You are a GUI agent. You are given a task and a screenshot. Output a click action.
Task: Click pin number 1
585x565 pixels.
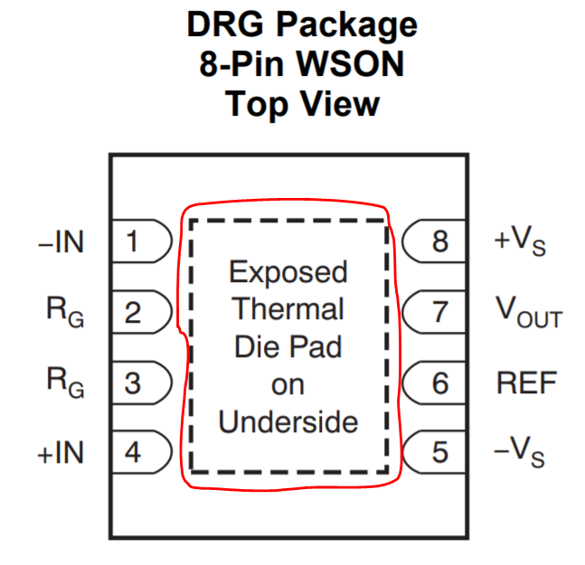[133, 242]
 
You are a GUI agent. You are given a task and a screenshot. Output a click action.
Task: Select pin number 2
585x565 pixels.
[133, 313]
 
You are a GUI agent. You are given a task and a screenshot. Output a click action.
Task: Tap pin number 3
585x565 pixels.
[133, 383]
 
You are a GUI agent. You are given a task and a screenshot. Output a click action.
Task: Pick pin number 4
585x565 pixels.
[133, 452]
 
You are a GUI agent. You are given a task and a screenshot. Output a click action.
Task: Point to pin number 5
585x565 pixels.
[439, 452]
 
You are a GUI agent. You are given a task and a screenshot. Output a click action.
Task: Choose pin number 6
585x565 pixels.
[439, 383]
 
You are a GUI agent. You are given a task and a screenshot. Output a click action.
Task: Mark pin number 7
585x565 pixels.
[439, 313]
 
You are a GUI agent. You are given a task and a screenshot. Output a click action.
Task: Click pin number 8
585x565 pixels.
[439, 242]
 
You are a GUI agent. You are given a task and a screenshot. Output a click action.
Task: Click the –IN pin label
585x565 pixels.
[61, 242]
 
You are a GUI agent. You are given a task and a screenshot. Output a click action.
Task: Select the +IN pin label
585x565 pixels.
[61, 452]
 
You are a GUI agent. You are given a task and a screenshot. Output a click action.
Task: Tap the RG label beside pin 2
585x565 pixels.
[65, 313]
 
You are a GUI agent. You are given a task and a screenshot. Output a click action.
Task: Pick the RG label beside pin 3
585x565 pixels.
[65, 383]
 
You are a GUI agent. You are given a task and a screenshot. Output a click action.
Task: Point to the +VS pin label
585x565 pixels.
[520, 243]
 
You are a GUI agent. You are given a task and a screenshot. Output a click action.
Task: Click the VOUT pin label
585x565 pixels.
[528, 313]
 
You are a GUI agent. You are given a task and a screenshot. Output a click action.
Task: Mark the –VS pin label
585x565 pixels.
[520, 453]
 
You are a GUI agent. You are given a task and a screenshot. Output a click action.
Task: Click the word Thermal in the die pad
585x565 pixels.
[288, 309]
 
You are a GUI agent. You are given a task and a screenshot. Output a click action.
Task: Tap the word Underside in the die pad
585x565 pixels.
[288, 421]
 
